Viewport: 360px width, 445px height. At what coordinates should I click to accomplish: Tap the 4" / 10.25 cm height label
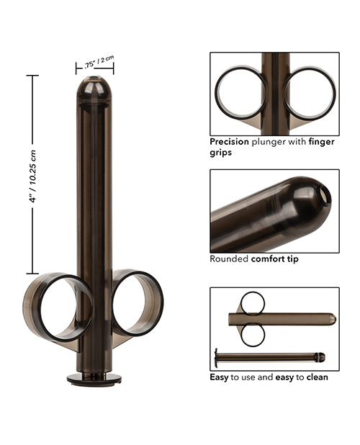32,176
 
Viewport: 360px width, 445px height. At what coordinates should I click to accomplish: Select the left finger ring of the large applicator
57,307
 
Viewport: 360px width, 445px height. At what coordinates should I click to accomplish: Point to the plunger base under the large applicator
94,378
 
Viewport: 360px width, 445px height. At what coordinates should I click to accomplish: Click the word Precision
230,142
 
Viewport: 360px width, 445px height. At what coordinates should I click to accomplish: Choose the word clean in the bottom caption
315,376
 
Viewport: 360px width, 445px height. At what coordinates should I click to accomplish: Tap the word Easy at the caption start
220,376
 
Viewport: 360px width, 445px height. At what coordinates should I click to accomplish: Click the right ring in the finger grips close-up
310,93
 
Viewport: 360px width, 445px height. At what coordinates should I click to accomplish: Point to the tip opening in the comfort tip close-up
325,195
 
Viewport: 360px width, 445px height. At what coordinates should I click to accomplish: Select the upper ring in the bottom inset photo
252,302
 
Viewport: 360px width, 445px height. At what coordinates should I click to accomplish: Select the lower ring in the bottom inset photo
252,334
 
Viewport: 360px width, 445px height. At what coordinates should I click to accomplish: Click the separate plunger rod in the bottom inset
268,356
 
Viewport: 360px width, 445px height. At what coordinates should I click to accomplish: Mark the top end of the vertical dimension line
32,76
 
